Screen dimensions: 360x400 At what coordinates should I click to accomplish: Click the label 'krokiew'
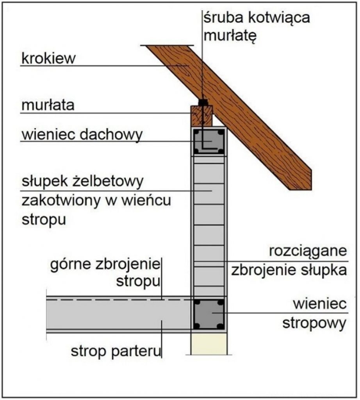pyautogui.click(x=48, y=59)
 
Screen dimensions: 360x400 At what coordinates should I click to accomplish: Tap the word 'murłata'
pyautogui.click(x=48, y=105)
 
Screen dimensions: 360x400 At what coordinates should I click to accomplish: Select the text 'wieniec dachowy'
pyautogui.click(x=82, y=135)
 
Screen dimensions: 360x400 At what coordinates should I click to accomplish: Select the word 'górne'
pyautogui.click(x=70, y=265)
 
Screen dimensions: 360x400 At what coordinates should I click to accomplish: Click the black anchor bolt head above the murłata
pyautogui.click(x=203, y=102)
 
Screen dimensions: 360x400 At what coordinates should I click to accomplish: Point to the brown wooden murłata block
pyautogui.click(x=202, y=116)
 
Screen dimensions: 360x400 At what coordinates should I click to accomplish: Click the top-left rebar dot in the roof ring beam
pyautogui.click(x=197, y=133)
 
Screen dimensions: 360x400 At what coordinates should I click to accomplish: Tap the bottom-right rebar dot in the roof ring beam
pyautogui.click(x=221, y=151)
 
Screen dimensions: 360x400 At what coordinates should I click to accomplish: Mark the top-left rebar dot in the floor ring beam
pyautogui.click(x=197, y=303)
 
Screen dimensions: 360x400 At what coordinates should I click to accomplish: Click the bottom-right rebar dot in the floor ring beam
pyautogui.click(x=221, y=326)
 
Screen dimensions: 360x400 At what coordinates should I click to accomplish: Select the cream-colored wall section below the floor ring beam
pyautogui.click(x=209, y=344)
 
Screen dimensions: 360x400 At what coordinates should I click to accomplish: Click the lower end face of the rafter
pyautogui.click(x=301, y=180)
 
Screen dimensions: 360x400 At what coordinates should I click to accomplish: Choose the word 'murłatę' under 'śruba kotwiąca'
pyautogui.click(x=230, y=36)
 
